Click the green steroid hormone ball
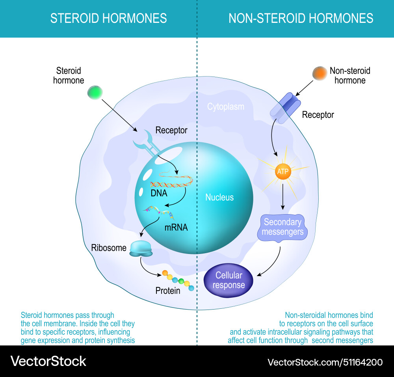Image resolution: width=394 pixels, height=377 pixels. point(95,92)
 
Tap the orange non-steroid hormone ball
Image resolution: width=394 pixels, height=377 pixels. point(319,74)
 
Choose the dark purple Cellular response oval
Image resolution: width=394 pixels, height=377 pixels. point(229,280)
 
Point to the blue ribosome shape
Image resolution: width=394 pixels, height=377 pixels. point(141,249)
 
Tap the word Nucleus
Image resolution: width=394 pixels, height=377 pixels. point(219,198)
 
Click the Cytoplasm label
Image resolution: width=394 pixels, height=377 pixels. point(226,106)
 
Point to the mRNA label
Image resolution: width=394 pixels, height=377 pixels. point(176,228)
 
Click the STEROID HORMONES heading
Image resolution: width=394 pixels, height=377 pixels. point(108,18)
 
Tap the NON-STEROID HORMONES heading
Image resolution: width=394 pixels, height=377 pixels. point(301,18)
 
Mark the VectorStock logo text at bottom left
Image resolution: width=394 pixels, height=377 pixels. point(48,361)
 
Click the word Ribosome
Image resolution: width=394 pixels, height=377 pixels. point(109,248)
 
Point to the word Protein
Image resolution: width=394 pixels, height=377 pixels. point(167,291)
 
